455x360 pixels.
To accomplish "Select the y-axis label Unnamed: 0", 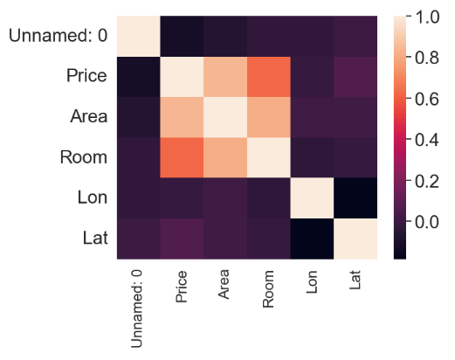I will [x=58, y=36].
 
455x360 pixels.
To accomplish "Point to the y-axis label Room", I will [x=84, y=157].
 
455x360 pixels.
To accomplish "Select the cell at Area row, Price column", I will [x=182, y=117].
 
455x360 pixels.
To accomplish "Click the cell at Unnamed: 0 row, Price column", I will [x=182, y=36].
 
